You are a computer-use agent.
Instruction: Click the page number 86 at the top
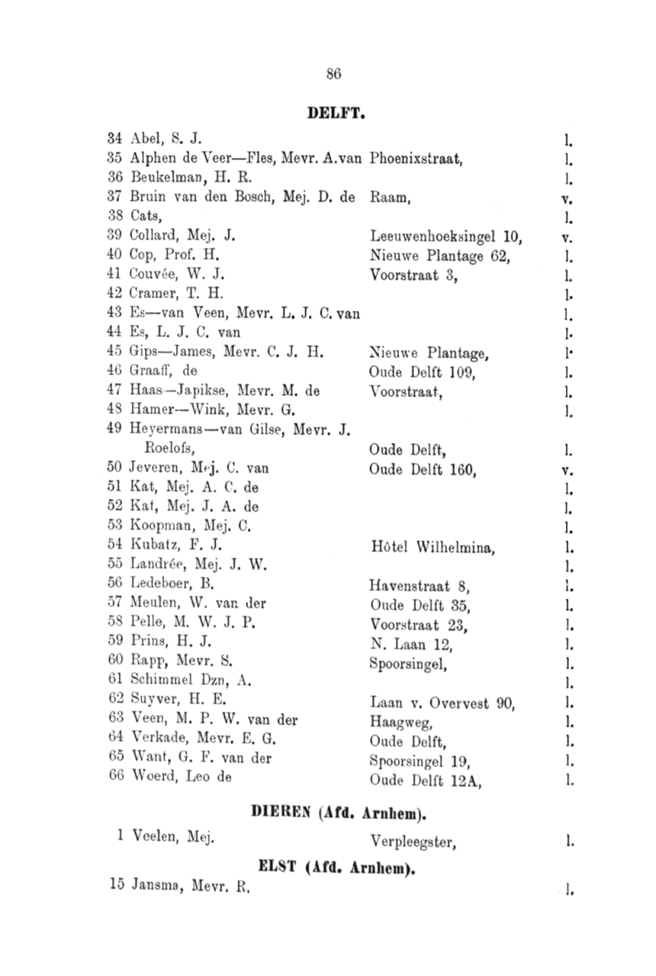click(332, 74)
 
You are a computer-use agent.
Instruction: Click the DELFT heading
click(338, 114)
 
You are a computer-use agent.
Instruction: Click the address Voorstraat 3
click(413, 276)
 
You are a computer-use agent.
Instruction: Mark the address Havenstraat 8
click(419, 586)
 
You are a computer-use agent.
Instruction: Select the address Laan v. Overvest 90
click(442, 703)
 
